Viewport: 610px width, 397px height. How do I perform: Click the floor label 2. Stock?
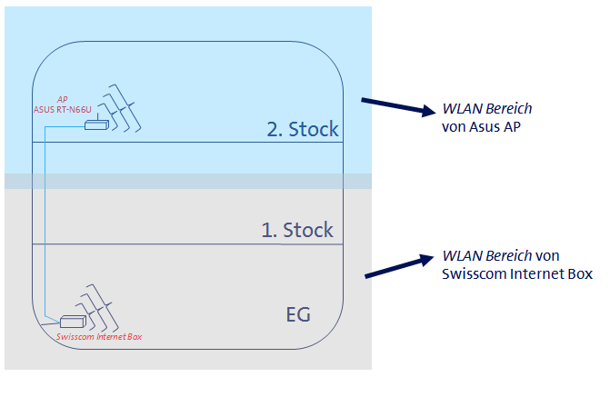click(303, 129)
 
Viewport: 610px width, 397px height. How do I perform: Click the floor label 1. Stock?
click(297, 230)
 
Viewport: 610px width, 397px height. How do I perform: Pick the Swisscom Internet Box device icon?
click(72, 321)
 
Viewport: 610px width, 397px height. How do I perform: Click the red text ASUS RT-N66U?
click(62, 109)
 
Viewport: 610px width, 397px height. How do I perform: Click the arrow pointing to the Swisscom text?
click(398, 265)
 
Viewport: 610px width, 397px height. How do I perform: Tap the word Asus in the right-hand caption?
click(483, 126)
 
